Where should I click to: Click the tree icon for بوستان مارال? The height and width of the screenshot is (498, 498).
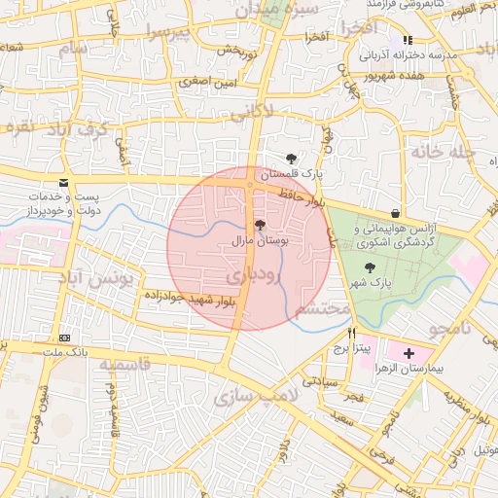tap(258, 223)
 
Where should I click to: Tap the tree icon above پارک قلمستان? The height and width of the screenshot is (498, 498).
tap(291, 158)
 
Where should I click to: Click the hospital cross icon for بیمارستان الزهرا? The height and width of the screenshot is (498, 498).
tap(408, 352)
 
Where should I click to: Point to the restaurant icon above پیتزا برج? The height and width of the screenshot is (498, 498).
tap(338, 333)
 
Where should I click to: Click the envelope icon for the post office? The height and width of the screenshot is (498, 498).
tap(64, 183)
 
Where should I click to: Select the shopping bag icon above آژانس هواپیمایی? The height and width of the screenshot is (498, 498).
tap(394, 213)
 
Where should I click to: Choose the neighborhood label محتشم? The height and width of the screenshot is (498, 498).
tap(322, 309)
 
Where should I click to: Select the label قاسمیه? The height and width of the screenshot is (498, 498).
tap(120, 365)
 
